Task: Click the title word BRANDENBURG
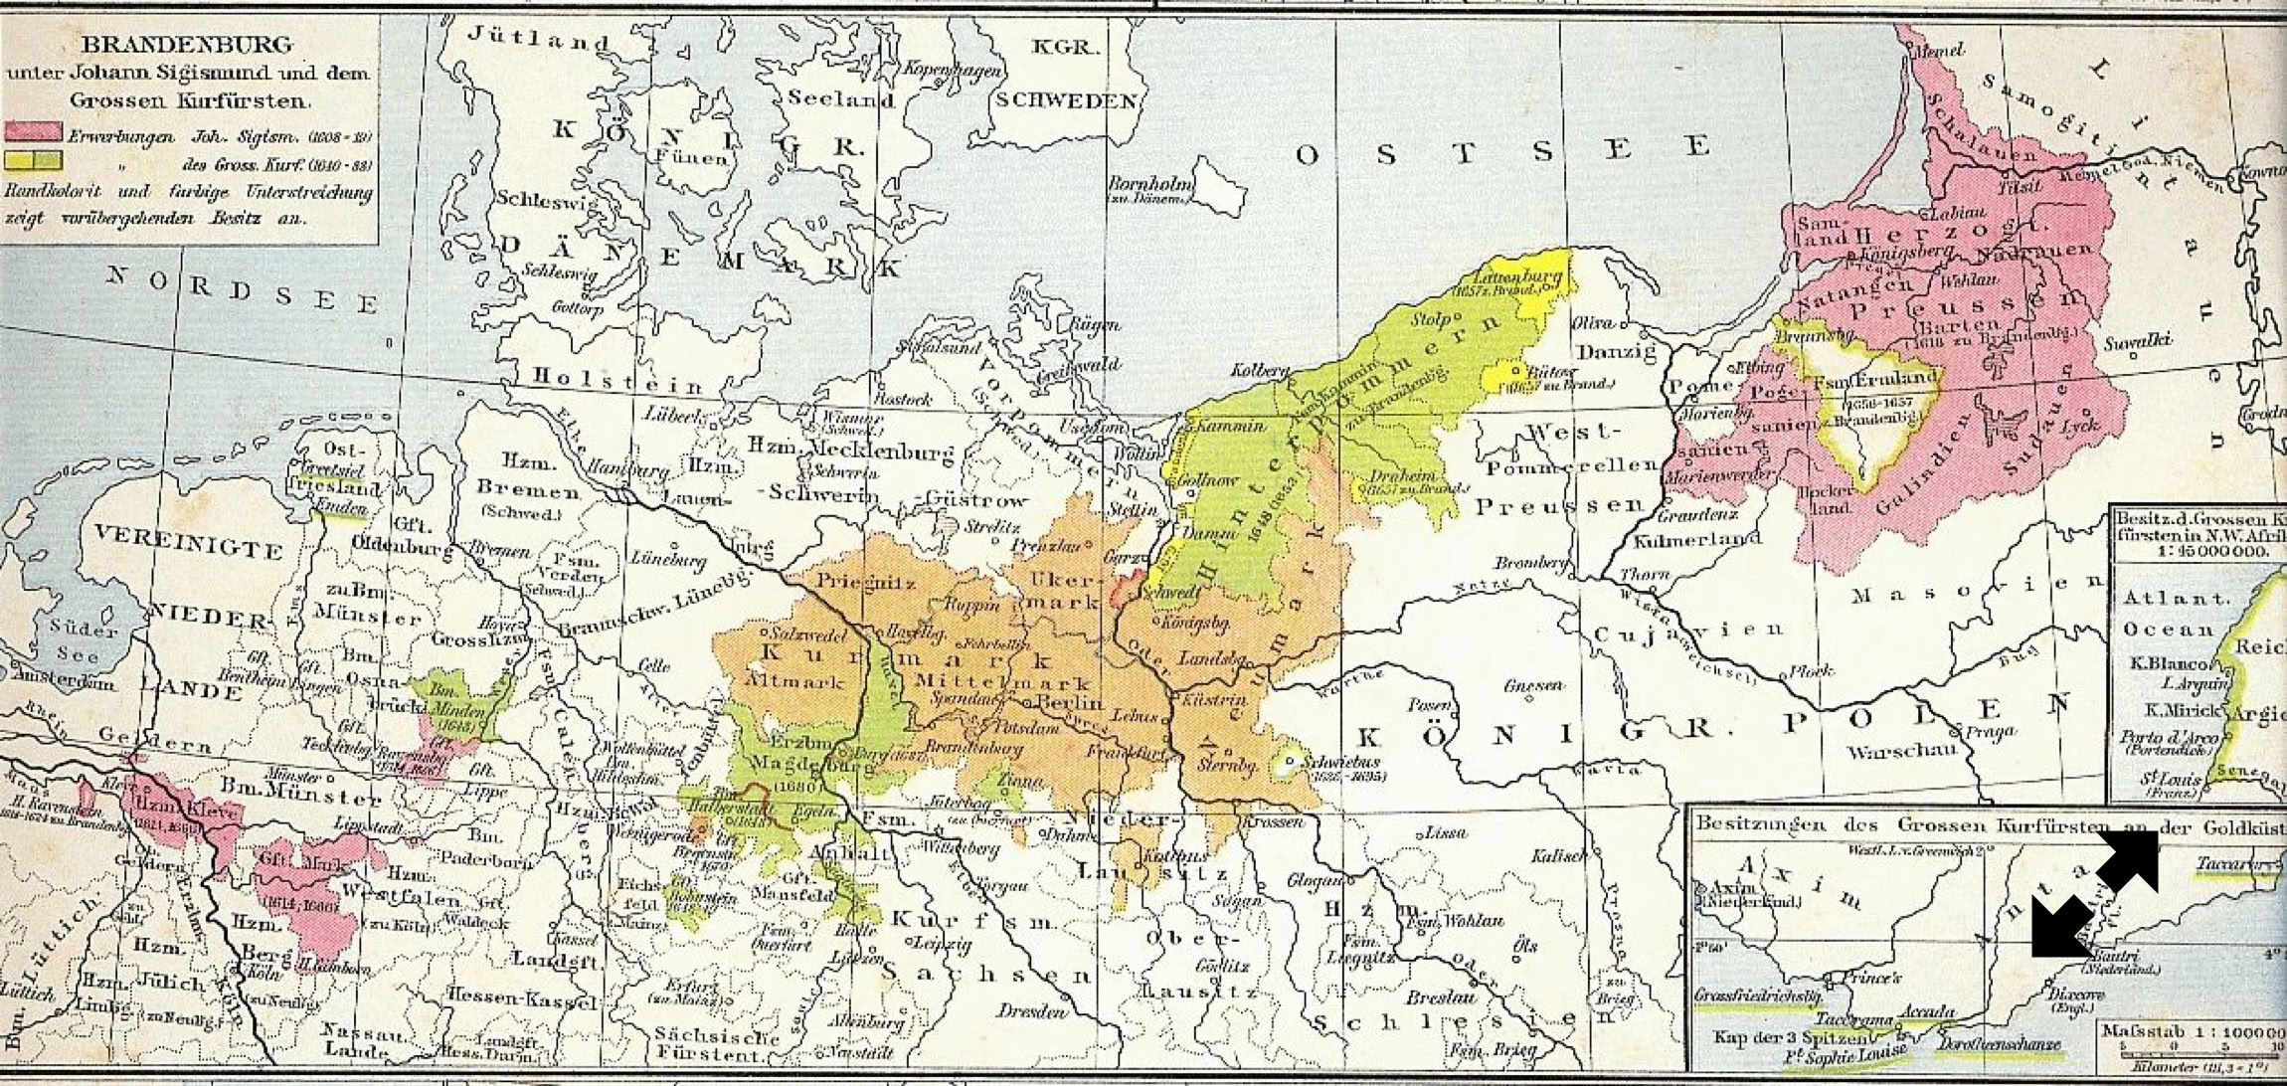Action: click(187, 45)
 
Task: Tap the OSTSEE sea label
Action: click(1501, 151)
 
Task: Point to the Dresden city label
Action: click(1034, 1010)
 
